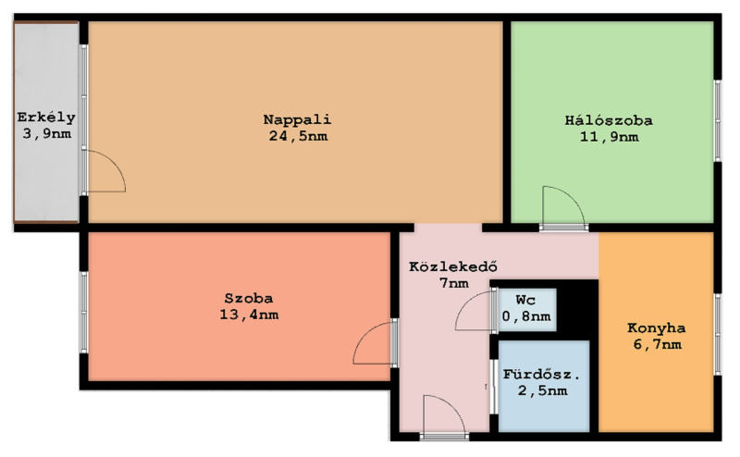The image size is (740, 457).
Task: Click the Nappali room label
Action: [297, 120]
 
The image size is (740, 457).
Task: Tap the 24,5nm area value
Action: [298, 136]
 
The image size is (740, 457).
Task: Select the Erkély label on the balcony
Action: [46, 117]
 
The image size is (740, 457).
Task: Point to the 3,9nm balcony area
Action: [47, 134]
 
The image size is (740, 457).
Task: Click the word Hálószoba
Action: [609, 120]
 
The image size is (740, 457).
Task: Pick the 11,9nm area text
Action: [610, 137]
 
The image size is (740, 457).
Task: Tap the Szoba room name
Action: [249, 299]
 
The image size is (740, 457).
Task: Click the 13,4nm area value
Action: [249, 315]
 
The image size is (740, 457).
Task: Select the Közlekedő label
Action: [453, 266]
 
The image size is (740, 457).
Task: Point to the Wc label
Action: [525, 300]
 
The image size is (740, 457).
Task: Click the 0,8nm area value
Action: [526, 315]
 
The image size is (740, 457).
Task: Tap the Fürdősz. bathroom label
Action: [541, 375]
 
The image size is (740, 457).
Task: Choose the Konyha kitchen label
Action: [657, 328]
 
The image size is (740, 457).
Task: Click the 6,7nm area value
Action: [658, 344]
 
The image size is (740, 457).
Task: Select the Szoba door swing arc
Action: [364, 334]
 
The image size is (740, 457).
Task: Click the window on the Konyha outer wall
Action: [718, 334]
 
